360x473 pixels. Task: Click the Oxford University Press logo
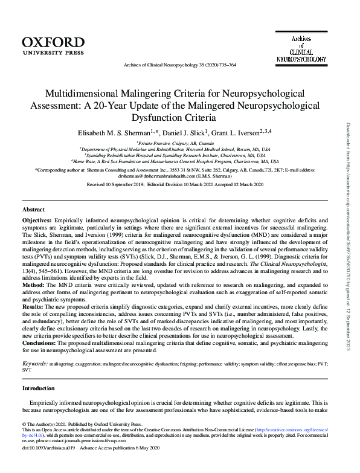(53, 45)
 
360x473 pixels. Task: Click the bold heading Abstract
(34, 210)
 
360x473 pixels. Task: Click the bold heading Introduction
(39, 388)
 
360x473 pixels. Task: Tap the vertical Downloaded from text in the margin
(349, 145)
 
